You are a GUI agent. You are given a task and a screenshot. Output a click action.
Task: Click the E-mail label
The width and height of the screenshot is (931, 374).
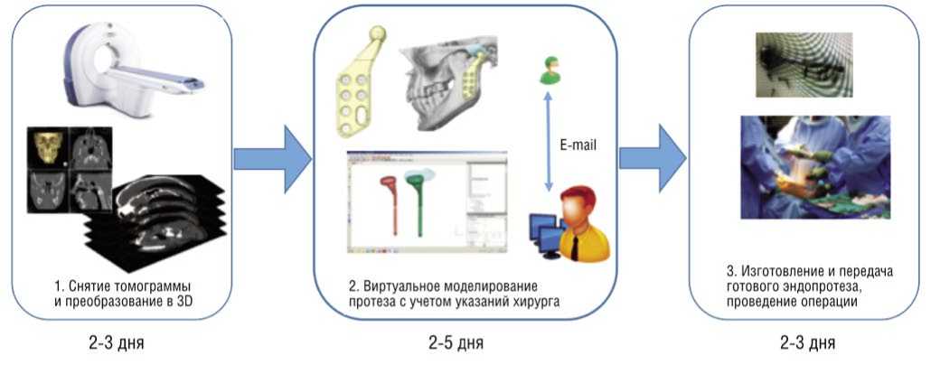pyautogui.click(x=575, y=145)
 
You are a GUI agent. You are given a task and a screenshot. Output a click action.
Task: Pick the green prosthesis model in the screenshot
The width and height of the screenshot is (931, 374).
pyautogui.click(x=418, y=203)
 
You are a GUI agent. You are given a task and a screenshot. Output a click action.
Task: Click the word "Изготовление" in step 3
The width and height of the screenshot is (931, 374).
pyautogui.click(x=776, y=272)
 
